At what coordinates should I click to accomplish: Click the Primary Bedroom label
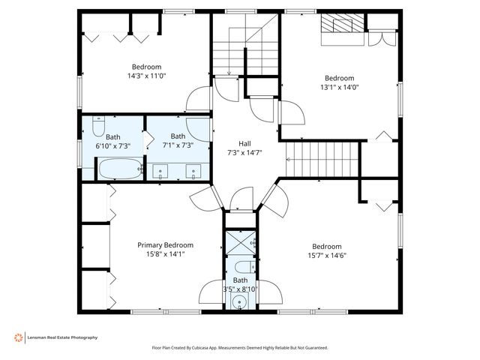(x=165, y=245)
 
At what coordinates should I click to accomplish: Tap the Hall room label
(x=244, y=143)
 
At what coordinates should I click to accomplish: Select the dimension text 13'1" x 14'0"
(x=340, y=87)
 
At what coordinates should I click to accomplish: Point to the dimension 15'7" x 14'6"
(x=327, y=255)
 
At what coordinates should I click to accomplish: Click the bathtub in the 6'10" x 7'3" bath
(x=120, y=168)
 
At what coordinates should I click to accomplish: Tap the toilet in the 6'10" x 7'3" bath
(x=98, y=126)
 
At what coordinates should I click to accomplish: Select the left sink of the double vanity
(x=160, y=172)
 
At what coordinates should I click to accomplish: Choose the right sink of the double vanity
(x=193, y=172)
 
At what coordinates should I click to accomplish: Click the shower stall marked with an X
(x=241, y=243)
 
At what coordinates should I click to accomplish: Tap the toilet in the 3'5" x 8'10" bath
(x=245, y=267)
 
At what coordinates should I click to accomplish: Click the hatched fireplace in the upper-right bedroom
(x=343, y=23)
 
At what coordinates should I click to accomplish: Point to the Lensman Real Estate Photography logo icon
(x=18, y=337)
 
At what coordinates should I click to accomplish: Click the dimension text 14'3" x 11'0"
(x=147, y=76)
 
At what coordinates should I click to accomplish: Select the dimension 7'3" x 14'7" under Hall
(x=244, y=152)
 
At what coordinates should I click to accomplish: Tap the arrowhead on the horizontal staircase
(x=288, y=159)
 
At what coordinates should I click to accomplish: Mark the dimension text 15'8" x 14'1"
(x=166, y=253)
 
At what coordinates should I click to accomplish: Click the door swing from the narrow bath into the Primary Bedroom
(x=211, y=292)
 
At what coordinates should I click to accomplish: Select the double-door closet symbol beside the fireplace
(x=382, y=38)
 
